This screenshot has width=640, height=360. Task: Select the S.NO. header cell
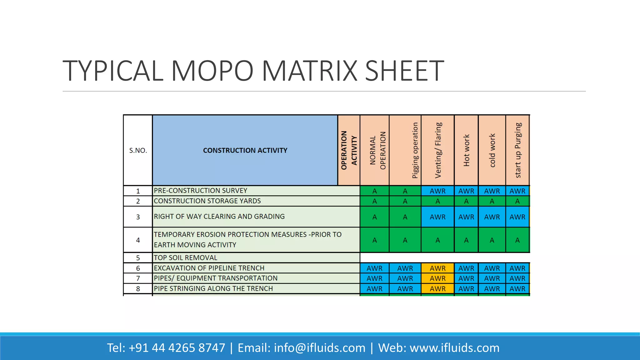point(138,150)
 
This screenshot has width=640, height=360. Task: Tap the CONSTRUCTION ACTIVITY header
point(245,150)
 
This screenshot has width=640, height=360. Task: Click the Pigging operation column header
point(415,150)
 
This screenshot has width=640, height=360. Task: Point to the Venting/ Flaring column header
point(438,150)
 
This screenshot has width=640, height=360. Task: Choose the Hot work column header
point(466,150)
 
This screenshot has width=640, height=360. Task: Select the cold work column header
point(492,150)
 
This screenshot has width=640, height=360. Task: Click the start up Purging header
point(518,150)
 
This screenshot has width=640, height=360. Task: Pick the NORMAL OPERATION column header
point(377,150)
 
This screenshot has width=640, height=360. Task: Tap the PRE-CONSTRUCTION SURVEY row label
point(200,191)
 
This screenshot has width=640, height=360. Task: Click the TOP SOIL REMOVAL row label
point(185,258)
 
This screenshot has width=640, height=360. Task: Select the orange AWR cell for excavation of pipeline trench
point(437,268)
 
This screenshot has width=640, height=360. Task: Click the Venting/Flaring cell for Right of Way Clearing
point(437,217)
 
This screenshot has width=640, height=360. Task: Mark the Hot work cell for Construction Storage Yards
point(466,201)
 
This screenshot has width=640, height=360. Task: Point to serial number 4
point(138,240)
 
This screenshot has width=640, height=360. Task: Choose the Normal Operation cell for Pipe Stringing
point(374,289)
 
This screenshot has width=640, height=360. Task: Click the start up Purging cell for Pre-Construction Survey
point(517,191)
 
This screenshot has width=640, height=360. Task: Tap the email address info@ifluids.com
point(319,348)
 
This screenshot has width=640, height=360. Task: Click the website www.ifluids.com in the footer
point(454,348)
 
